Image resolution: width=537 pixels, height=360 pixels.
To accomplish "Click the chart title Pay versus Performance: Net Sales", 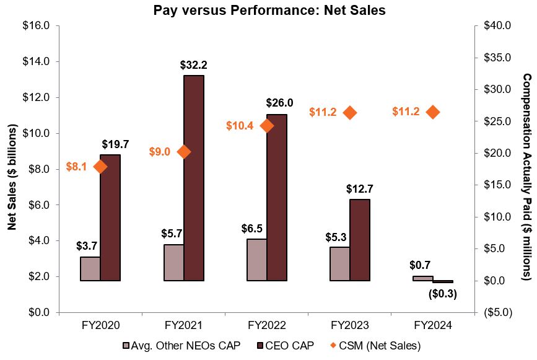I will [269, 10].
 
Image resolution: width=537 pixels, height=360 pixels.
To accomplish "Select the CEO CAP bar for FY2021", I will [194, 178].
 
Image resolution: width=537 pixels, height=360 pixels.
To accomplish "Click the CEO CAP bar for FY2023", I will [360, 240].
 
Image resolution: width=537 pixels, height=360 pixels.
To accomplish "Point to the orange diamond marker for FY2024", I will [433, 112].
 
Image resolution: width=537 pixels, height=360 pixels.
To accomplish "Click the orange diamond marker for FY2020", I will [100, 167].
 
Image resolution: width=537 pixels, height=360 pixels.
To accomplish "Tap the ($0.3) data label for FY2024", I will [442, 294].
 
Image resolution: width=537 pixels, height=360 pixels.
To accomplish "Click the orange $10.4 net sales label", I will [239, 126].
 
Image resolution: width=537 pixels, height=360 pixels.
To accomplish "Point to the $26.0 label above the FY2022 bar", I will [279, 103].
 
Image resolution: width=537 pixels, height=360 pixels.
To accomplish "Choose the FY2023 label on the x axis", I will [350, 325].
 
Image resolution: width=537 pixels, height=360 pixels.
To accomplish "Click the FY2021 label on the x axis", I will [183, 325].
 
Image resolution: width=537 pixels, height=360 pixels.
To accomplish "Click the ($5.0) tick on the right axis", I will [495, 312].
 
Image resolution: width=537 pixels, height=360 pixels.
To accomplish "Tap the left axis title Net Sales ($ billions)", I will [12, 169].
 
